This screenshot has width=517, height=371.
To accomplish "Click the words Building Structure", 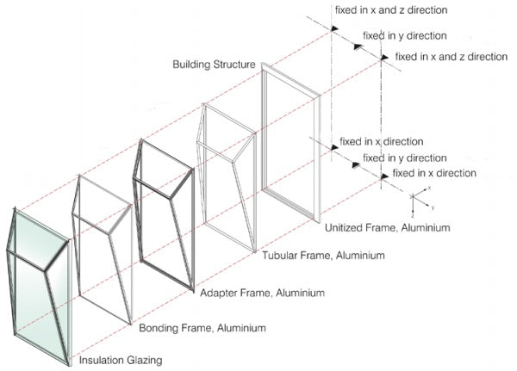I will (x=213, y=65).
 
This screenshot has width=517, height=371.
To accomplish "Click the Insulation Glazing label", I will (x=122, y=359).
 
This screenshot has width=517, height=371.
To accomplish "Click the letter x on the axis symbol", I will (x=428, y=187).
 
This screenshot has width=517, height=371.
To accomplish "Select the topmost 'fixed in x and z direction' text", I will (x=393, y=11).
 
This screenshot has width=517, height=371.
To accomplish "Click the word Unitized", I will (x=345, y=228).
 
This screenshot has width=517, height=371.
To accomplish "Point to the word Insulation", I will (x=103, y=359).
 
